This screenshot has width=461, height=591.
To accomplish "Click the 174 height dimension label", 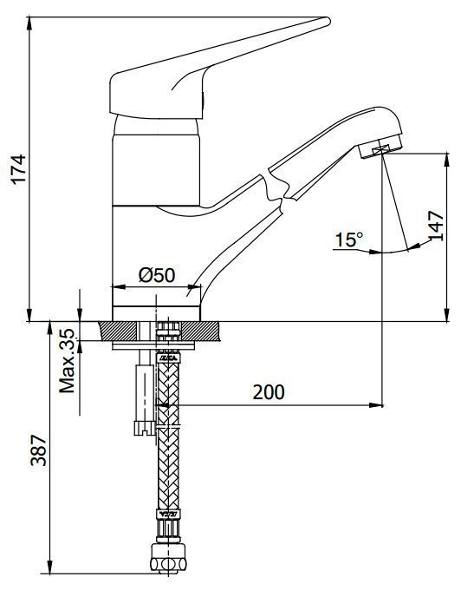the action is [x=18, y=168].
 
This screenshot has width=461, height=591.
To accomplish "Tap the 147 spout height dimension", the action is [x=436, y=227].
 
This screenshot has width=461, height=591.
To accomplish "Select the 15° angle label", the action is [x=349, y=240].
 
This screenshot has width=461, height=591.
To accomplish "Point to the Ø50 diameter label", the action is [x=157, y=275].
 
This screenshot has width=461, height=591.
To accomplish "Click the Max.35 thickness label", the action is [x=68, y=361].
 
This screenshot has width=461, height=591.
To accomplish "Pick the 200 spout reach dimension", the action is [x=269, y=392].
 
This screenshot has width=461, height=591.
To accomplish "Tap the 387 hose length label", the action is [x=38, y=450].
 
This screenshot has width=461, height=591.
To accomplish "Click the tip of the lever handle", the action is [x=328, y=21].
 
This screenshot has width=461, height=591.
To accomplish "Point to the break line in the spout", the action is [x=276, y=187].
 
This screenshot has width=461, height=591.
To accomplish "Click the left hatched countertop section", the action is [x=118, y=331].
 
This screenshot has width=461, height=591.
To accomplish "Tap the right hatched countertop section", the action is [x=200, y=331].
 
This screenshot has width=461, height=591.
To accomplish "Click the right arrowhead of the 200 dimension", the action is [x=376, y=405].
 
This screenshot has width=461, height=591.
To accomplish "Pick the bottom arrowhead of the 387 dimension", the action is [x=49, y=567].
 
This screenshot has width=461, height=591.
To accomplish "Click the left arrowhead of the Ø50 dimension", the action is [x=120, y=287].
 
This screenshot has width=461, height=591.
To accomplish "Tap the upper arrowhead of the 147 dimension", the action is [x=446, y=161].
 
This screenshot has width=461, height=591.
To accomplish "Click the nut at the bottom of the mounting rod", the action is [x=144, y=428].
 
